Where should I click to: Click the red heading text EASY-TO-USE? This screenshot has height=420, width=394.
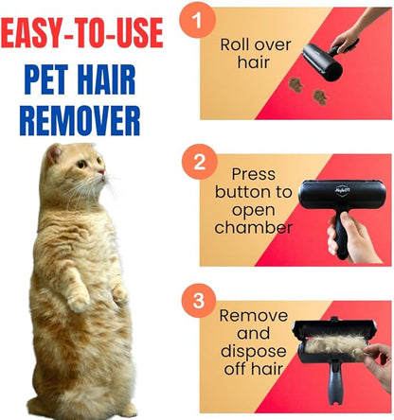81,34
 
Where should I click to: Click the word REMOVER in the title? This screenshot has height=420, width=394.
81,119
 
